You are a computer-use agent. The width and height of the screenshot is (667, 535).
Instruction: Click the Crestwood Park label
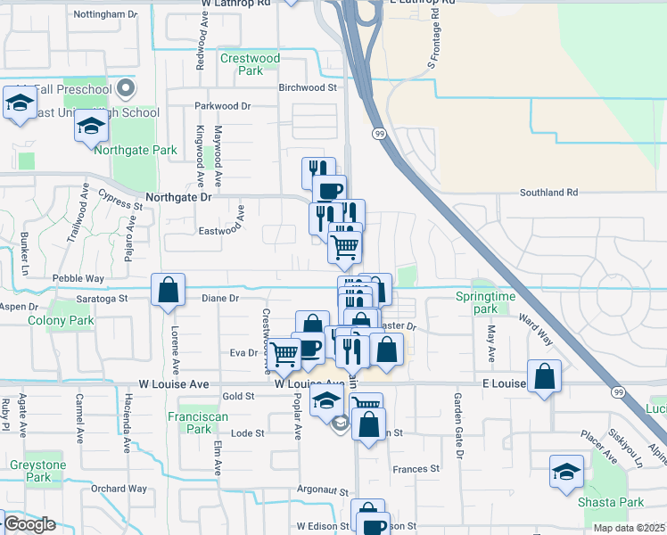pos(251,64)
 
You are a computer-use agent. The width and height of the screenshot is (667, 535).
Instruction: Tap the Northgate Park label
pos(136,151)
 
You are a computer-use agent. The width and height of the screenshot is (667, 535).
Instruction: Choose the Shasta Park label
pos(611,503)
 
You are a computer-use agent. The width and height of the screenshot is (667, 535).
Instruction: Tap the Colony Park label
pos(61,320)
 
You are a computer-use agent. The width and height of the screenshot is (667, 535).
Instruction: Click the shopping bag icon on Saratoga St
pos(168,290)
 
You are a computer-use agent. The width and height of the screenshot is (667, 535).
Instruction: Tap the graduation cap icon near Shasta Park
pos(567,473)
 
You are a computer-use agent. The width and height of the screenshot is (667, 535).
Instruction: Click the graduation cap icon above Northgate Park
pos(91,127)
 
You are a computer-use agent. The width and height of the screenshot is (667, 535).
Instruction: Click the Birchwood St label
pos(307,87)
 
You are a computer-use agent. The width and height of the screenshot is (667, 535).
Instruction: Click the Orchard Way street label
pos(119,488)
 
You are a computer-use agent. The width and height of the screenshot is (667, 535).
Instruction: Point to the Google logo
pos(29,524)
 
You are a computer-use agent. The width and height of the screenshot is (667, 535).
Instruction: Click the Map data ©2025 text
pos(630,528)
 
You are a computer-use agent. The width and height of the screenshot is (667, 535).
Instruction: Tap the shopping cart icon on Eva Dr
pos(284,353)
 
